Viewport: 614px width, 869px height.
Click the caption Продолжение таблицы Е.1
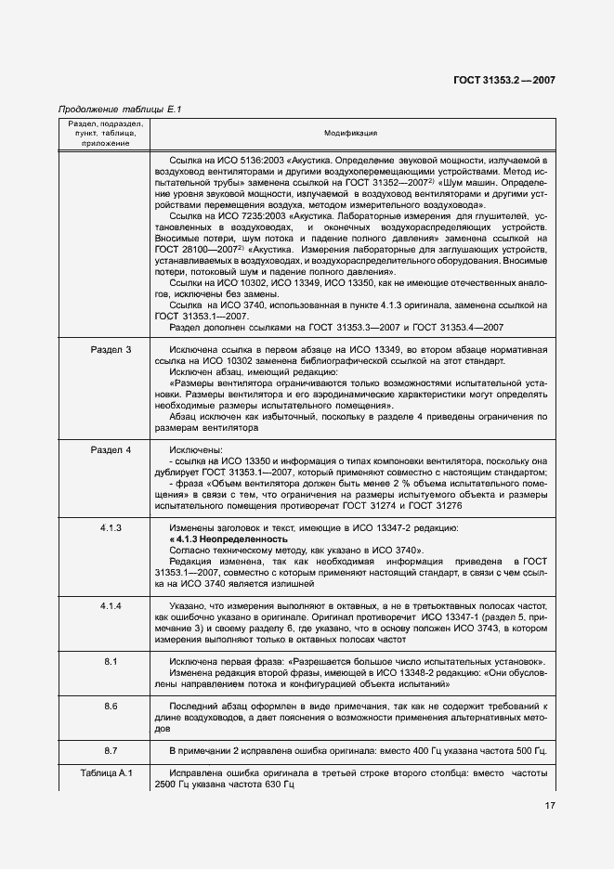click(x=119, y=110)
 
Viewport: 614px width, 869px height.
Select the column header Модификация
click(x=350, y=134)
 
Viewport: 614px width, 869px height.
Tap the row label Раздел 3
click(x=111, y=349)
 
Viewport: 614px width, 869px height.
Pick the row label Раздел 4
click(x=111, y=449)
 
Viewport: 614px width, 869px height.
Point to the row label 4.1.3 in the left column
click(x=111, y=527)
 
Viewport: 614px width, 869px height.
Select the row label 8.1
click(x=111, y=660)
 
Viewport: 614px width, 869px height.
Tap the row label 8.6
click(x=111, y=707)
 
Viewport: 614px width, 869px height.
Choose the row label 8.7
click(x=111, y=749)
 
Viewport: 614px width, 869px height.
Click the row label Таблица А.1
click(x=111, y=773)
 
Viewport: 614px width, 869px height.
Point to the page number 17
click(x=549, y=806)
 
